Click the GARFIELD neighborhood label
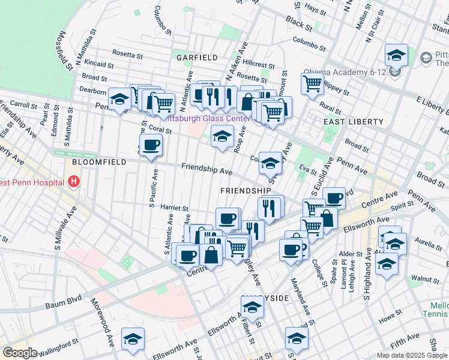(196, 58)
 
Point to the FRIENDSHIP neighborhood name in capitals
(245, 190)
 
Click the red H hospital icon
(74, 181)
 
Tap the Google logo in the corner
(20, 353)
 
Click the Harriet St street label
(175, 208)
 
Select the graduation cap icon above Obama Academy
(396, 55)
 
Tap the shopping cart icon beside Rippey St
(313, 83)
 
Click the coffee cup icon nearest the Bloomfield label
(151, 144)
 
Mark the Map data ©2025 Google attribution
(411, 355)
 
